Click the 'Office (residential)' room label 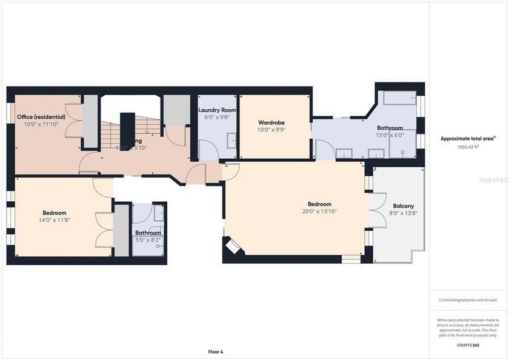41,117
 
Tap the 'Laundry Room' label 217,110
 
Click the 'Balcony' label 403,205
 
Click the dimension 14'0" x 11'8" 54,220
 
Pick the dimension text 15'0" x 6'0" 390,135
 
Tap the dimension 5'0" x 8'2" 148,240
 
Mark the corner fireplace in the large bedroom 233,246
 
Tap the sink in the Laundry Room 231,141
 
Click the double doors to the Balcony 378,210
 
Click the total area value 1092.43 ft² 468,147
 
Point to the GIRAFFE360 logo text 468,345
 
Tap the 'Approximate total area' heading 467,139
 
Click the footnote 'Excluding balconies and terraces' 468,300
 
